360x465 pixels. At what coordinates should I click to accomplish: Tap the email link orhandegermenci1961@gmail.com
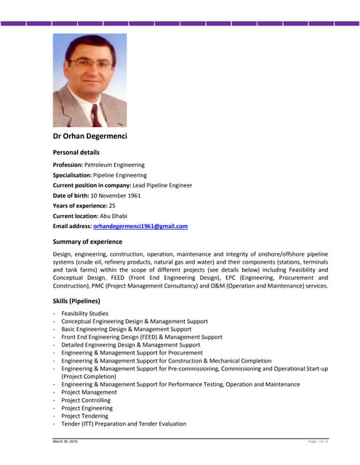[140, 226]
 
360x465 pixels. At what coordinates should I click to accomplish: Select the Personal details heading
[76, 153]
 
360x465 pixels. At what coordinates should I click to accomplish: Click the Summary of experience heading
[87, 241]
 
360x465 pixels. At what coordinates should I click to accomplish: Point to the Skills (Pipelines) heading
[76, 301]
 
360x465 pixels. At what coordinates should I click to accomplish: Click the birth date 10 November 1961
[116, 195]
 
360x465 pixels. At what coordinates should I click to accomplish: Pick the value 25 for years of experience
[112, 206]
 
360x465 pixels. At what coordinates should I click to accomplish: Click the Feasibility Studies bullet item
[84, 313]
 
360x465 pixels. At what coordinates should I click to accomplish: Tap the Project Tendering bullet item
[86, 416]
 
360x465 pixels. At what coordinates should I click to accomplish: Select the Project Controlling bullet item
[86, 400]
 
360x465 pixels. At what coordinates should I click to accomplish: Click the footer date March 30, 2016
[65, 442]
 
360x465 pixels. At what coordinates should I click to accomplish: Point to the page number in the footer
[319, 442]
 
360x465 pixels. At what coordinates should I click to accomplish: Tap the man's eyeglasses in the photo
[91, 65]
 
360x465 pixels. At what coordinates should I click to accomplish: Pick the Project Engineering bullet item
[87, 408]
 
